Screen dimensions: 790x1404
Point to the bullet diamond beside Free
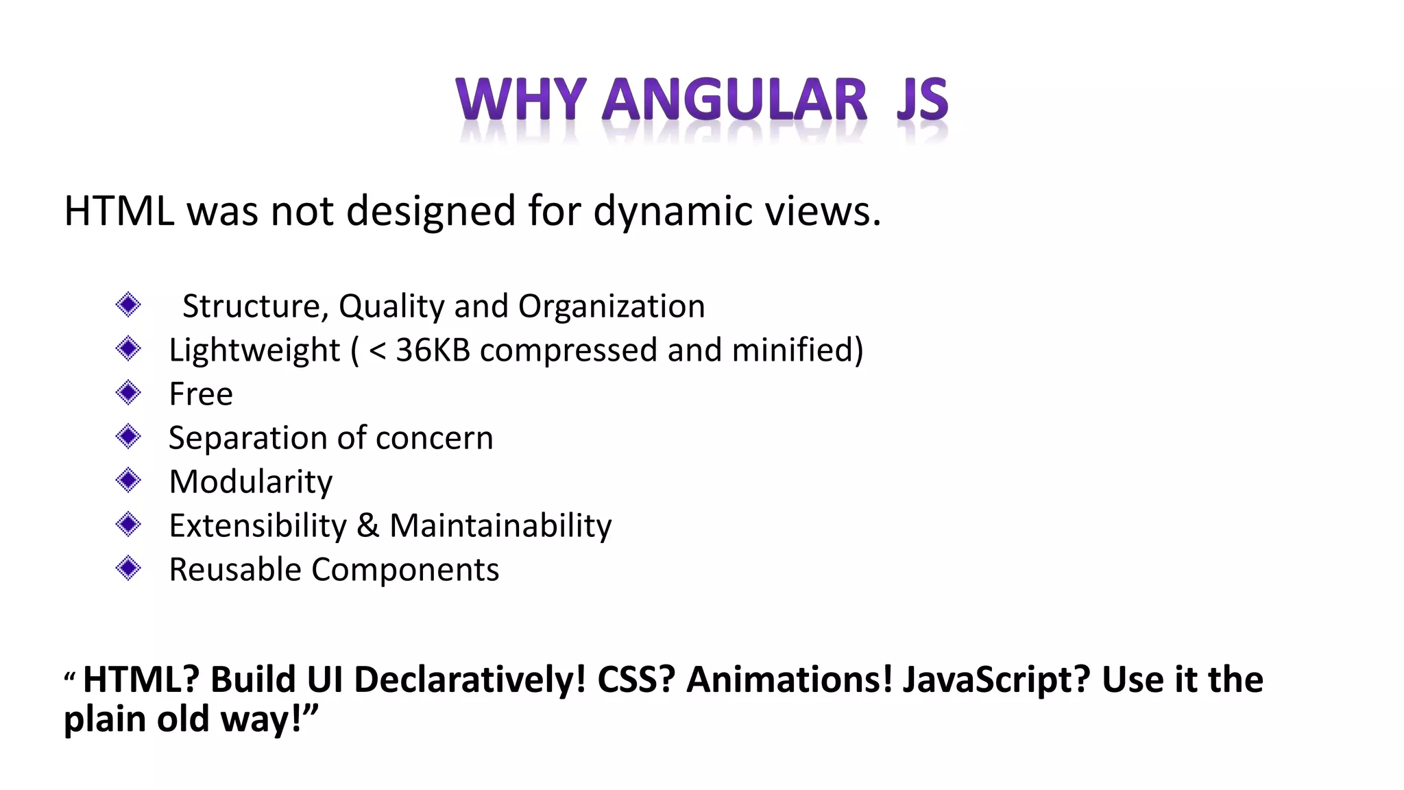point(128,393)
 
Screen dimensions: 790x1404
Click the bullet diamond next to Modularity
point(128,480)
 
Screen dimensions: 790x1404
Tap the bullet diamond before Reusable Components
point(128,568)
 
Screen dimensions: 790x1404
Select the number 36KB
point(433,350)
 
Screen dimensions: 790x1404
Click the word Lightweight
point(254,350)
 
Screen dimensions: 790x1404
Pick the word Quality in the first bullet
point(391,307)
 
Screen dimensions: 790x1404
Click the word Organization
point(612,306)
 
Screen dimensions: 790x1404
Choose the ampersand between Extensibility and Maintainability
point(367,526)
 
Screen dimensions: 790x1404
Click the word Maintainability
point(500,526)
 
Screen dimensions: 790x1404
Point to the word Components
point(405,570)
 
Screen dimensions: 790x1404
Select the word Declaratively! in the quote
point(470,680)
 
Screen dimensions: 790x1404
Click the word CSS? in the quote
point(636,680)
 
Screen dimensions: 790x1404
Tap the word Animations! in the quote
point(789,680)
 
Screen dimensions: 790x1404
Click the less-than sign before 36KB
point(377,350)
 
